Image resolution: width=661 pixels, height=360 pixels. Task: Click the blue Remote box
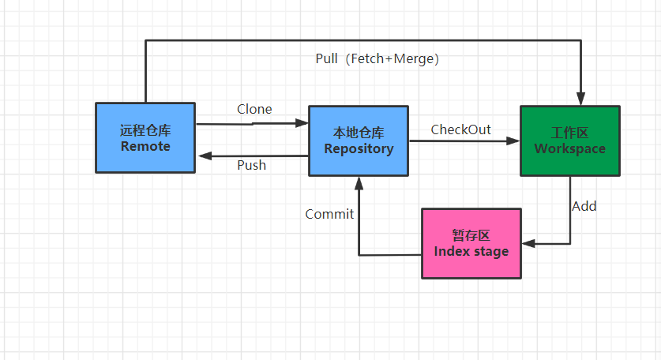[145, 137]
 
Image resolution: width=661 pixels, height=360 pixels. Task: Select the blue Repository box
[358, 141]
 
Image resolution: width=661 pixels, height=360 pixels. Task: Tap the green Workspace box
[569, 141]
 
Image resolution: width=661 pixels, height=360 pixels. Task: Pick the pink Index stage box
[471, 243]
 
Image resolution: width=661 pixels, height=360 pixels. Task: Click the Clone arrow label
[254, 109]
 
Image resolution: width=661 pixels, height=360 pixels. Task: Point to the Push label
[252, 165]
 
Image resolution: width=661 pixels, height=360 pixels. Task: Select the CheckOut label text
[460, 129]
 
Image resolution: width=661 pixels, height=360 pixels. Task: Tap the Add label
[584, 206]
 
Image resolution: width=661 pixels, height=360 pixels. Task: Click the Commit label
[329, 213]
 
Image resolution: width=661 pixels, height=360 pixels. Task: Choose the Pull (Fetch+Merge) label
[376, 58]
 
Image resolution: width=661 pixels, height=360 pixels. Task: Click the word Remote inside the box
[145, 146]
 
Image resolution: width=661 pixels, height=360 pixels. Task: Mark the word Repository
[358, 148]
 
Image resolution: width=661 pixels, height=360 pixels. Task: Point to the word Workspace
[569, 148]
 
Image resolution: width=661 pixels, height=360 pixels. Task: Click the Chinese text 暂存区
[471, 235]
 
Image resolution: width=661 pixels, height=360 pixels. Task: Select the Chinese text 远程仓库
[145, 130]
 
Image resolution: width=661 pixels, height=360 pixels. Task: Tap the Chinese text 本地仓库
[358, 133]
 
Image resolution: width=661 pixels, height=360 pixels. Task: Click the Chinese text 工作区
[569, 133]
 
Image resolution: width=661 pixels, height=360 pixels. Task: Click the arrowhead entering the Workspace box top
[581, 99]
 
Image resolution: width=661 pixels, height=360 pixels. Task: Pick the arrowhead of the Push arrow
[204, 156]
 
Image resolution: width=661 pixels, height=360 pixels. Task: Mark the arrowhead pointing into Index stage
[529, 243]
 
